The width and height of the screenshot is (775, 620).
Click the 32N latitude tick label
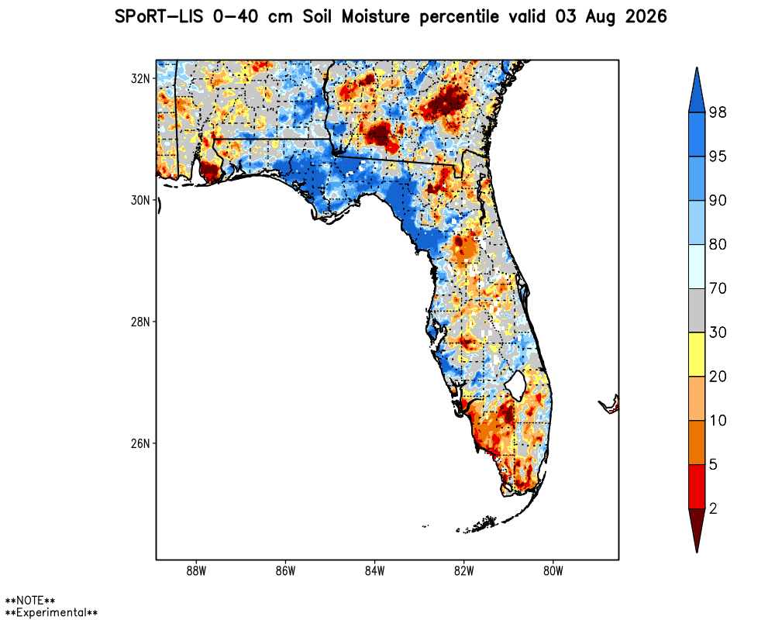(x=140, y=78)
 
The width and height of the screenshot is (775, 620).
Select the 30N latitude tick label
(x=140, y=200)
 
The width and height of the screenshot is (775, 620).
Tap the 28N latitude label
(x=140, y=322)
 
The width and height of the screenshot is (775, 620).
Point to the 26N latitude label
(x=140, y=443)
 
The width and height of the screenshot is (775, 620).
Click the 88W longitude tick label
(x=196, y=571)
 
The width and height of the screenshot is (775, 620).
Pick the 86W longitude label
(x=285, y=571)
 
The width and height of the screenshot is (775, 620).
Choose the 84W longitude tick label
(x=374, y=571)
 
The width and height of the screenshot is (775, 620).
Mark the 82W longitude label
(x=463, y=571)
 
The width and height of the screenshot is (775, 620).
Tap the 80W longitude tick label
(x=553, y=571)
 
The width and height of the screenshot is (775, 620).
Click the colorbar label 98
(x=718, y=112)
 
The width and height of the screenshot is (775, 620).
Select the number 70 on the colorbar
(x=718, y=288)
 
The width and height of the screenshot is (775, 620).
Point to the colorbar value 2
(x=713, y=508)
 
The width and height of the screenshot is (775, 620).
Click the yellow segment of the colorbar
(x=697, y=354)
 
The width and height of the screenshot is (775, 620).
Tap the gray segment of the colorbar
(x=697, y=310)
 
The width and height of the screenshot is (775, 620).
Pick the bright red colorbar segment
(x=697, y=486)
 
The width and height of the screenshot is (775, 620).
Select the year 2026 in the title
(x=646, y=17)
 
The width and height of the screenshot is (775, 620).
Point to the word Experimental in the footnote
(x=51, y=612)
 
